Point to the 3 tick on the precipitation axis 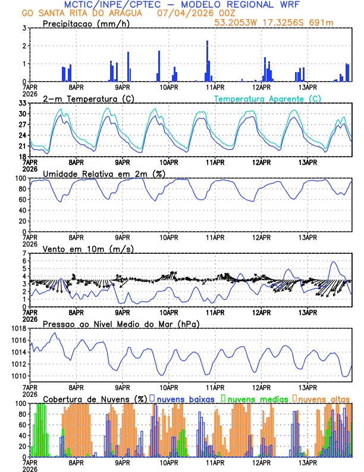pyautogui.click(x=23, y=28)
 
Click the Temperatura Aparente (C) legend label pyautogui.click(x=267, y=98)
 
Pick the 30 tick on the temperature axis pyautogui.click(x=21, y=113)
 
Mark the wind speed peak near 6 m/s pyautogui.click(x=334, y=262)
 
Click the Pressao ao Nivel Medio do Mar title pyautogui.click(x=121, y=324)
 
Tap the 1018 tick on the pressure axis pyautogui.click(x=18, y=328)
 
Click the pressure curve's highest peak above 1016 pyautogui.click(x=55, y=333)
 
